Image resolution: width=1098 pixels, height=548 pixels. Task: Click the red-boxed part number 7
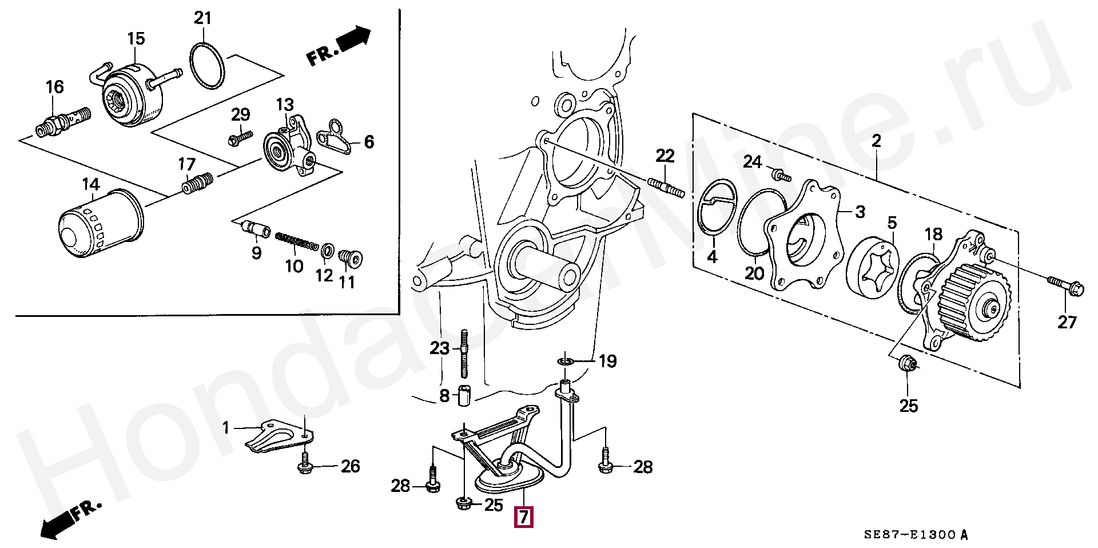523,517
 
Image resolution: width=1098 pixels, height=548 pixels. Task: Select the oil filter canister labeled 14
101,224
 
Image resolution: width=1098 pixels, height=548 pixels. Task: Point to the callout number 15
136,39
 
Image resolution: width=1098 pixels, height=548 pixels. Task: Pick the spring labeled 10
297,241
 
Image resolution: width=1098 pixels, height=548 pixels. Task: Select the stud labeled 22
666,187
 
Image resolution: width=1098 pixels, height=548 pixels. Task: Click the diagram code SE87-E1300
909,535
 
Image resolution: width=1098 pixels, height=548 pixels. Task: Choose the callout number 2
876,141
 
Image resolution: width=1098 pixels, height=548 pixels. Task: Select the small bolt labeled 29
240,137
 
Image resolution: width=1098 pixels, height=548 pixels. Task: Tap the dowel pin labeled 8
464,396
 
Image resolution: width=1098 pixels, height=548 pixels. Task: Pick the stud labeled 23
464,354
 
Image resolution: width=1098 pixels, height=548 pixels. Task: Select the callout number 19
607,361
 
